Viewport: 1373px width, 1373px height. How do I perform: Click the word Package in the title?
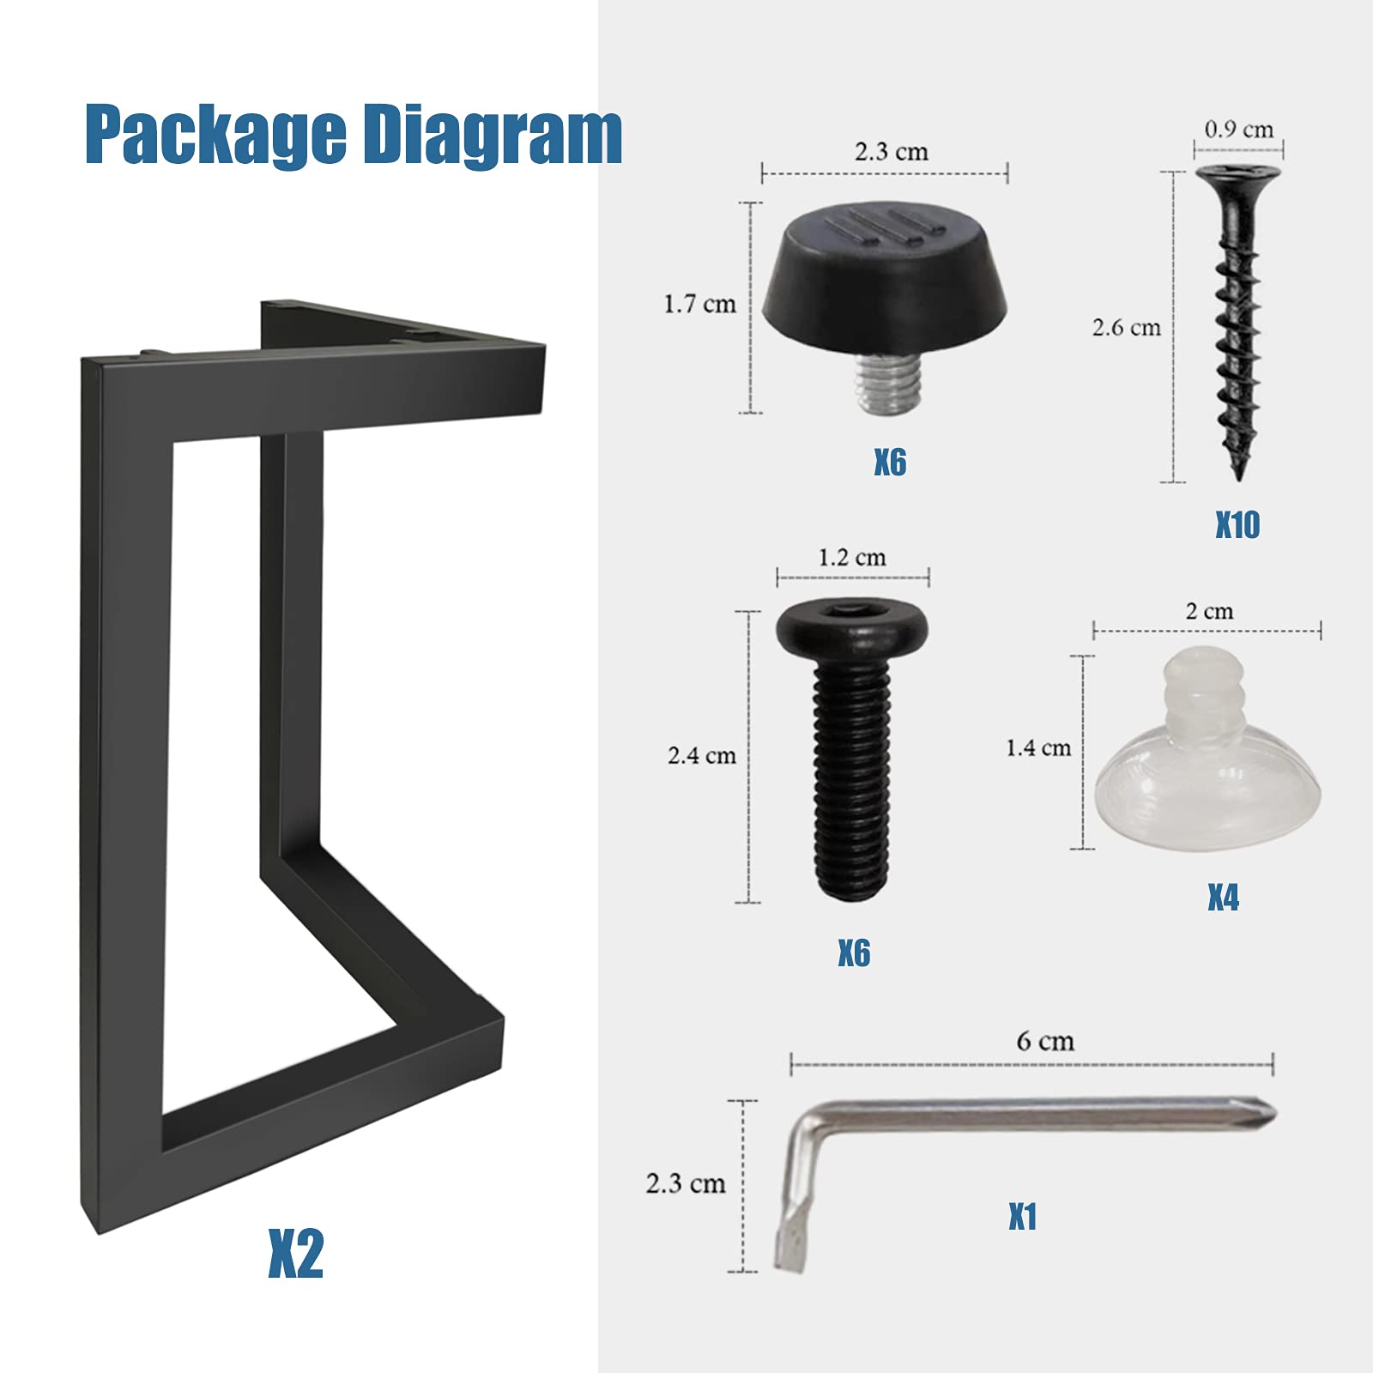(x=215, y=135)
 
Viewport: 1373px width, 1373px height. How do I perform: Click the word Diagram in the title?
(x=490, y=135)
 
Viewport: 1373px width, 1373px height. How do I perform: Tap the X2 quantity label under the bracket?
(x=295, y=1254)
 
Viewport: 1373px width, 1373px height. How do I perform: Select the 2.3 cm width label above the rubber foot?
(x=891, y=152)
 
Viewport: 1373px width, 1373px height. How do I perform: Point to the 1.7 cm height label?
(x=699, y=304)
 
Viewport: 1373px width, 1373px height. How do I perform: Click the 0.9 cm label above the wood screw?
(x=1238, y=130)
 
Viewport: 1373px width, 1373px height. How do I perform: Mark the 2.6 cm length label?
(x=1126, y=327)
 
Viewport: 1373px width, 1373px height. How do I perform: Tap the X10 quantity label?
(x=1237, y=524)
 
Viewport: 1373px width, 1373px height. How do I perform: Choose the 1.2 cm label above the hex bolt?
(x=851, y=558)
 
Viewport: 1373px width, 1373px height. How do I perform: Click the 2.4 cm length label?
(x=701, y=756)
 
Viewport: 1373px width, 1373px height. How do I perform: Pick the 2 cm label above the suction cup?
(x=1209, y=611)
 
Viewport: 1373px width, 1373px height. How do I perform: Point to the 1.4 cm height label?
(x=1038, y=748)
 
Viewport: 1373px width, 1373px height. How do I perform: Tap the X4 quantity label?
(x=1223, y=898)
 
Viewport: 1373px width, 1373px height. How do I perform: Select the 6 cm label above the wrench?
(x=1044, y=1041)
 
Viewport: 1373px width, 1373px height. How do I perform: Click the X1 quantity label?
(x=1022, y=1217)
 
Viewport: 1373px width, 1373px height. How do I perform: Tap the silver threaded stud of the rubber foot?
(x=889, y=386)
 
